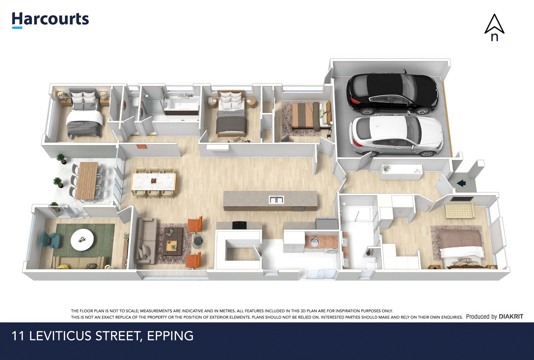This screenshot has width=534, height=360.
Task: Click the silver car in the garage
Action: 396,135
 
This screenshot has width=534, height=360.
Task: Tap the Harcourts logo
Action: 50,20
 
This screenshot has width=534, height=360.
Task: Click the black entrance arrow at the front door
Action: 461,183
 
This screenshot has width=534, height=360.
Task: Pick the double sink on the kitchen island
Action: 276,200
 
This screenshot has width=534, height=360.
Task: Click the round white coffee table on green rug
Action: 82,239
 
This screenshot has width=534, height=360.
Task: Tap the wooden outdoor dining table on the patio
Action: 87,180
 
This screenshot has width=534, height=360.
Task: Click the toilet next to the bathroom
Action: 135,102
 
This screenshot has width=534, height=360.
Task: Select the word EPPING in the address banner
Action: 170,336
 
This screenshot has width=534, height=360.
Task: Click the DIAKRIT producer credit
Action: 511,317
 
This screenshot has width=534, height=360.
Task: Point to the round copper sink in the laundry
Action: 314,241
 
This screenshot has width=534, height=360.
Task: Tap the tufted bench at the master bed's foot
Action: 459,210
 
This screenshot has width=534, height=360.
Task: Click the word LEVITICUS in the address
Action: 61,336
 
